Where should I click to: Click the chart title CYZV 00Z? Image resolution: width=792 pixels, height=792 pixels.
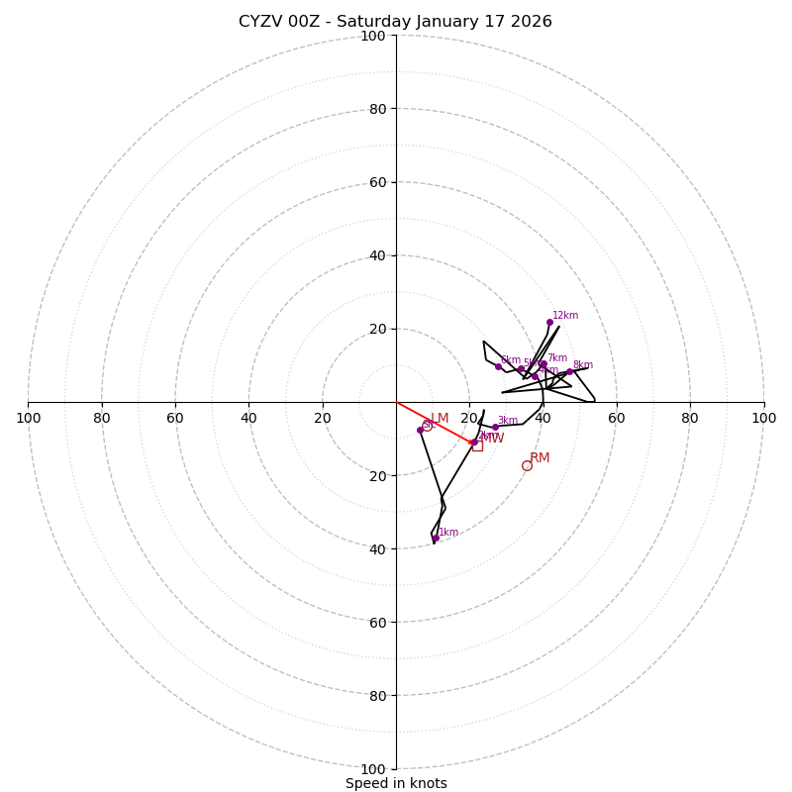click(x=395, y=22)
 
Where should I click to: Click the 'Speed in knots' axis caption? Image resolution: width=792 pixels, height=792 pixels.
click(x=396, y=783)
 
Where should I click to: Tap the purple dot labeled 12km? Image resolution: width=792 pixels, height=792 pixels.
click(x=549, y=322)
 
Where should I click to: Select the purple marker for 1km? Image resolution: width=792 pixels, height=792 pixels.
click(x=435, y=538)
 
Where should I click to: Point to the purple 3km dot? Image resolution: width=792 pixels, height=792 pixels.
click(x=495, y=427)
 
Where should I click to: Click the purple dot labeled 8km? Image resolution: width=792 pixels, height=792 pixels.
click(x=569, y=372)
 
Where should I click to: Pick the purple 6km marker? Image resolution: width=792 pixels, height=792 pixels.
click(x=498, y=366)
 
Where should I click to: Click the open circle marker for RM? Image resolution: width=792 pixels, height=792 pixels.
click(x=527, y=465)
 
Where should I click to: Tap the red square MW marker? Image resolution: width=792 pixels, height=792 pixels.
click(x=477, y=445)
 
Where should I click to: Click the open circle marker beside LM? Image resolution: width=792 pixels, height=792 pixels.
click(x=427, y=426)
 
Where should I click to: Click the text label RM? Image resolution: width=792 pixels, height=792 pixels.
click(x=540, y=457)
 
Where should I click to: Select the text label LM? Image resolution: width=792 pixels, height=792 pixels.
click(x=440, y=418)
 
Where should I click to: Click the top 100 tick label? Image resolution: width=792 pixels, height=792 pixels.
click(x=372, y=36)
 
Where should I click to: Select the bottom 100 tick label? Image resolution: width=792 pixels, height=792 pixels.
click(x=372, y=769)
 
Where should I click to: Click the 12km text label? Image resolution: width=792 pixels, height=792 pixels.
click(x=565, y=315)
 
